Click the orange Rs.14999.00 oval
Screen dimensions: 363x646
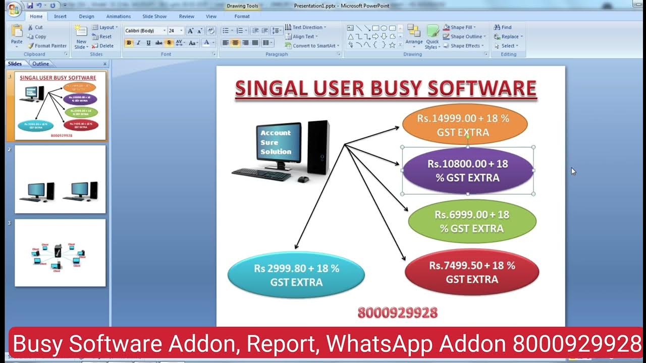coord(465,125)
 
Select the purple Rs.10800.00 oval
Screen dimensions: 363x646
coord(468,170)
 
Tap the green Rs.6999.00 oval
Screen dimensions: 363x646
coord(472,221)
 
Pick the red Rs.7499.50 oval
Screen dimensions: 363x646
coord(472,272)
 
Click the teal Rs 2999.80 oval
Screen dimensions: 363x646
coord(296,275)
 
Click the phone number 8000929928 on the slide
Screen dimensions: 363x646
coord(397,313)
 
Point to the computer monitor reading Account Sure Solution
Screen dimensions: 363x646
coord(278,143)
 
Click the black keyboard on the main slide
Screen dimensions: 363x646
coord(261,174)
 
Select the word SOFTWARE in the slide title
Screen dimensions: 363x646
coord(481,88)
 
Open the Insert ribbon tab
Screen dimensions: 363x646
coord(60,16)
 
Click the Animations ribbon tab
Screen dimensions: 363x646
coord(118,16)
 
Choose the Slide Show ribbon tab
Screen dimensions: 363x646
coord(154,16)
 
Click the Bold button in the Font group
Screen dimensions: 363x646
coord(129,43)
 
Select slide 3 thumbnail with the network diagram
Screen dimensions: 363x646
coord(60,253)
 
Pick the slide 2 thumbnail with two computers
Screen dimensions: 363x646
coord(60,179)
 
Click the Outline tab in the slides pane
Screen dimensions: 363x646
coord(41,64)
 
